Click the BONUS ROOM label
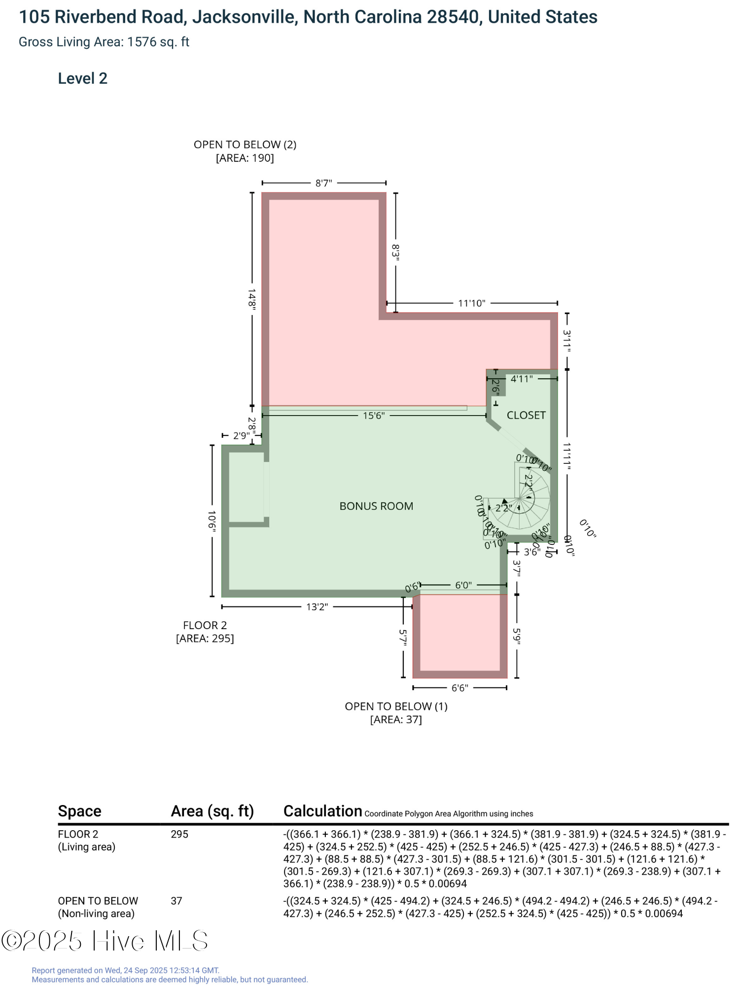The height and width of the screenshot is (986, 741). click(376, 506)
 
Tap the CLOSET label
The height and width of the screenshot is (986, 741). click(526, 415)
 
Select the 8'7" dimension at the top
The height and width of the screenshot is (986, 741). click(323, 183)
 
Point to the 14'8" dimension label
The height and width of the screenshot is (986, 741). click(252, 299)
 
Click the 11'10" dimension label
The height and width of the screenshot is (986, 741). click(471, 303)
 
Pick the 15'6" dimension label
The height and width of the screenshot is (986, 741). click(373, 416)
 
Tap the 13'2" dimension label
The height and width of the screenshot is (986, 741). click(317, 607)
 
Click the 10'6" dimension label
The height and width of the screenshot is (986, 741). click(212, 520)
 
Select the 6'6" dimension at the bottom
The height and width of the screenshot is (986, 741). click(459, 688)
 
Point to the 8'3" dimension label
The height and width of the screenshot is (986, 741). click(395, 251)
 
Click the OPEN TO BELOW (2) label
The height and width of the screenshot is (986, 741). click(245, 144)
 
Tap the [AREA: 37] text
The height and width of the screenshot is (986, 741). click(396, 720)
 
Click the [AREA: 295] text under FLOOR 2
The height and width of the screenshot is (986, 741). click(205, 638)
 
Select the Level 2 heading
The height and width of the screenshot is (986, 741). click(82, 78)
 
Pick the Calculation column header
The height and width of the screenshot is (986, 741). click(322, 811)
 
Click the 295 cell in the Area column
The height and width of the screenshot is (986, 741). click(179, 834)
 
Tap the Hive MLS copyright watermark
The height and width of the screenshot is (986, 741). click(105, 941)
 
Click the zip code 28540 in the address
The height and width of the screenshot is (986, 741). click(453, 17)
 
